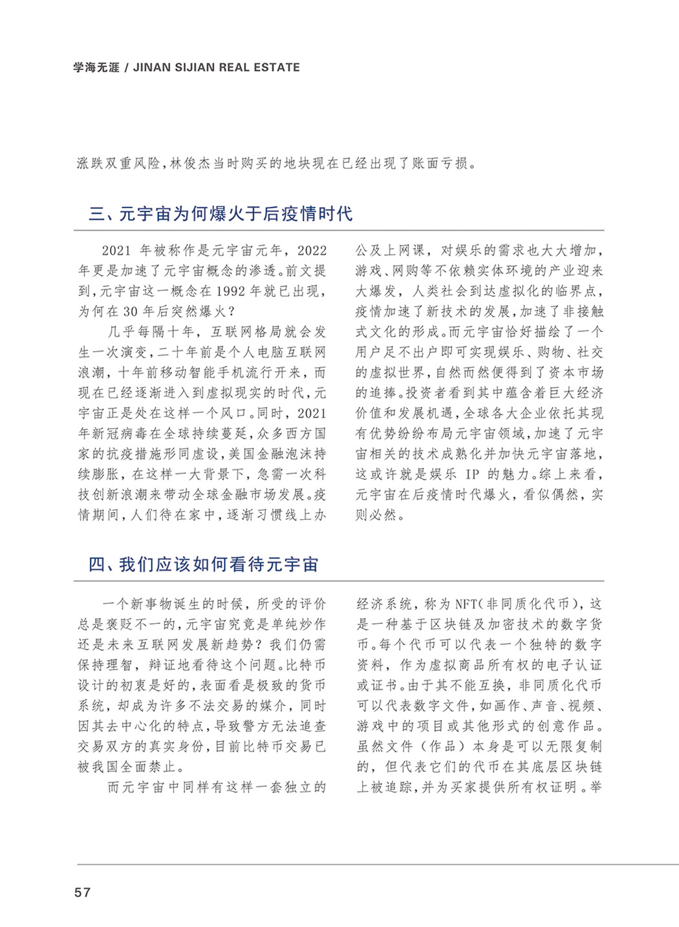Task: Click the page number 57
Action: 82,892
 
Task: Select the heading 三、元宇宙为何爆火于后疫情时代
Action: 221,213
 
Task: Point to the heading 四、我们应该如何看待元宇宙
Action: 203,564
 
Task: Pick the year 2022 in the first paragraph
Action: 312,250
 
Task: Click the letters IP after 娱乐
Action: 473,474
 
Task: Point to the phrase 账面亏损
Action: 440,164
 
